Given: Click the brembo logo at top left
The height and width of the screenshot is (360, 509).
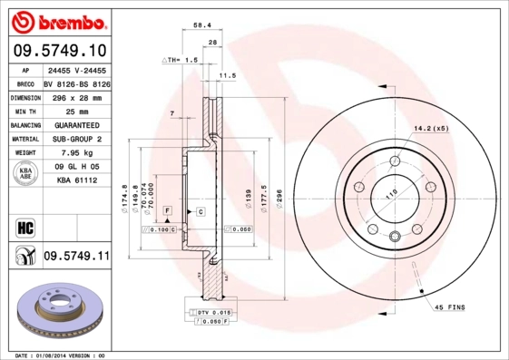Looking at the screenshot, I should (56, 20).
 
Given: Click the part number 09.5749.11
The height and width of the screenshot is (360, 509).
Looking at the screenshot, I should (76, 257).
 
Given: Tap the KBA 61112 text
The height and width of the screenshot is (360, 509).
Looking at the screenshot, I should (76, 181).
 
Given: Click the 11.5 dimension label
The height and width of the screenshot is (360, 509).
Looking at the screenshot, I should (228, 77).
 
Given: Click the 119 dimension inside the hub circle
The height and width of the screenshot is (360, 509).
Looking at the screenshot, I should (391, 193).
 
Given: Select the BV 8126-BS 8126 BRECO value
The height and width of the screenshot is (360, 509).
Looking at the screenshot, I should (76, 83).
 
